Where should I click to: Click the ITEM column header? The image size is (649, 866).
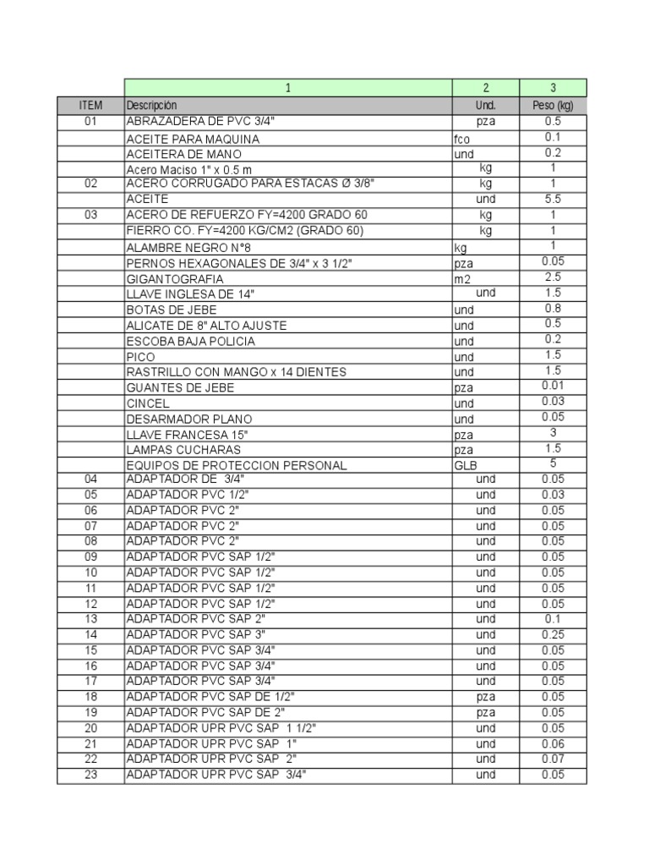pos(90,106)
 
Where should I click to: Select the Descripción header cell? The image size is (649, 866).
pos(152,106)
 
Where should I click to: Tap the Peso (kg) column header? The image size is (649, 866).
pos(553,106)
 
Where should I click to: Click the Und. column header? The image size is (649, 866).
pos(486,106)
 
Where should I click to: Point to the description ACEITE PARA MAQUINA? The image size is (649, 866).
pos(193,139)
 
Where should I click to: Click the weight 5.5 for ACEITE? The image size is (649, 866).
pos(553,200)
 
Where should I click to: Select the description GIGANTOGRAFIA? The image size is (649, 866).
pos(175,279)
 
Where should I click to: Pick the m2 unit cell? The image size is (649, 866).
pos(462,279)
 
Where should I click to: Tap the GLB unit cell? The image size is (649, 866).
pos(465,465)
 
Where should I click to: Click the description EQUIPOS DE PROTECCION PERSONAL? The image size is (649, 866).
pos(237,465)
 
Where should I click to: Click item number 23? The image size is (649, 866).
pos(91,775)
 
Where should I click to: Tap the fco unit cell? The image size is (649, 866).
pos(461,139)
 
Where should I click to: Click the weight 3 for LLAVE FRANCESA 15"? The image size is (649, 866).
pos(553,433)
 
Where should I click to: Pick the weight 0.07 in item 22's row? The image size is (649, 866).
pos(553,759)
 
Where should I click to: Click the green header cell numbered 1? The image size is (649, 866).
pos(288,88)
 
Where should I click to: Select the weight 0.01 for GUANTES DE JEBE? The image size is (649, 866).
pos(553,386)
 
